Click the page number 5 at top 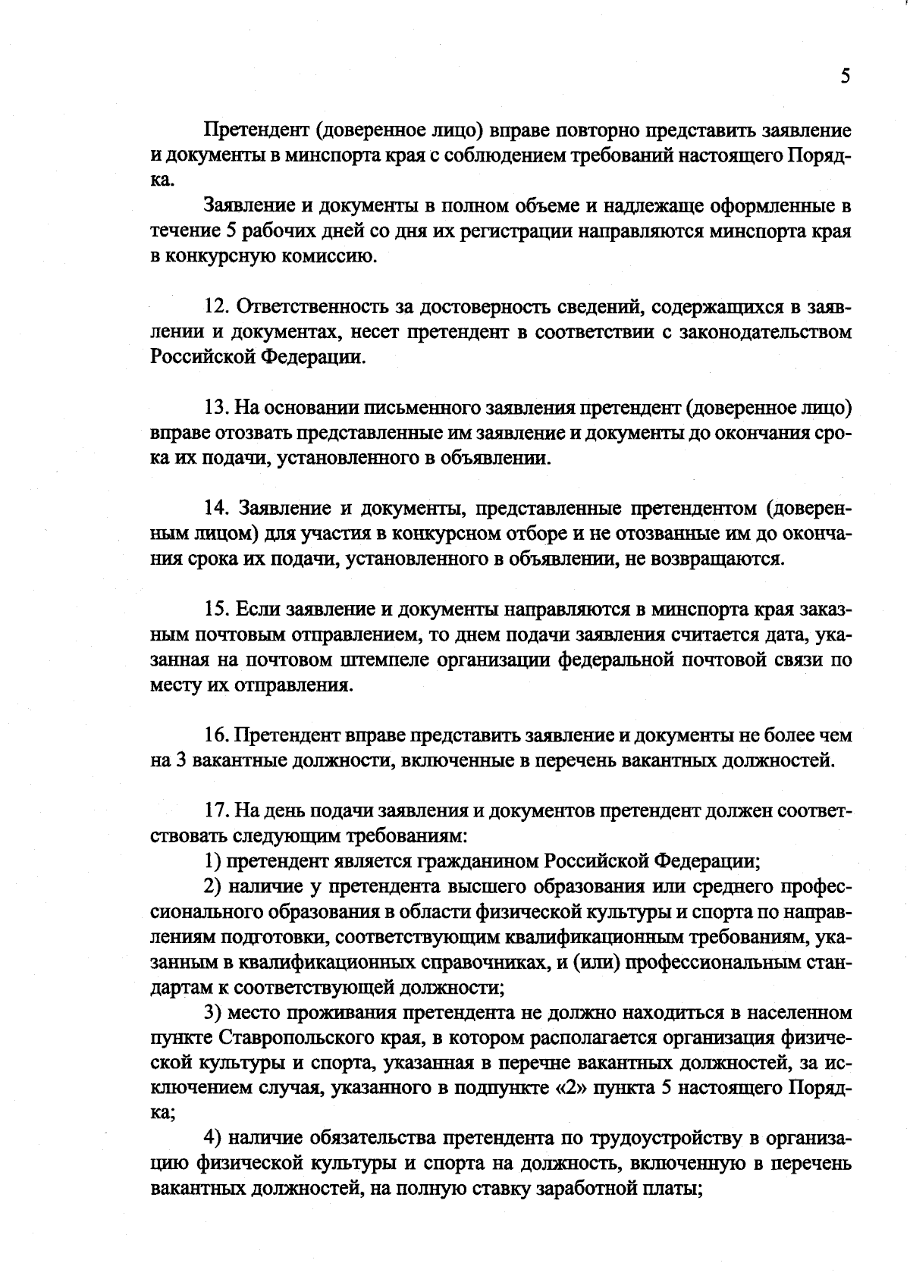(x=845, y=77)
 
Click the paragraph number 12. (x=216, y=307)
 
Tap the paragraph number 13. (x=216, y=408)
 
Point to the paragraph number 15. (x=216, y=609)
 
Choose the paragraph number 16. (x=216, y=735)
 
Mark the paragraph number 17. (x=216, y=810)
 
